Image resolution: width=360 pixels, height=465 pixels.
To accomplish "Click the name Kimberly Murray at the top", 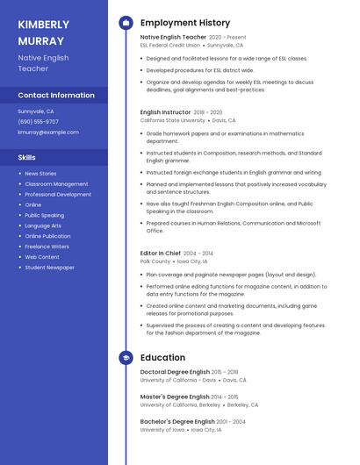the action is pyautogui.click(x=43, y=32).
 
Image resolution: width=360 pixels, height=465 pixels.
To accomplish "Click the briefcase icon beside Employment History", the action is pyautogui.click(x=126, y=23).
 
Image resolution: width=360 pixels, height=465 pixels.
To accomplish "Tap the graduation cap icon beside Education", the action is pyautogui.click(x=126, y=358).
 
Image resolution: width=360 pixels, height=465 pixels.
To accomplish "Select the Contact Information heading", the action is pyautogui.click(x=56, y=95).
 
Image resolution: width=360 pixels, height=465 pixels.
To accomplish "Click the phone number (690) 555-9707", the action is pyautogui.click(x=39, y=122).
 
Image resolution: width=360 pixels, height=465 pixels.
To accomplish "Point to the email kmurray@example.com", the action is pyautogui.click(x=48, y=132).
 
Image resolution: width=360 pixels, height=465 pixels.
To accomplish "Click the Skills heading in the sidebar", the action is pyautogui.click(x=27, y=157).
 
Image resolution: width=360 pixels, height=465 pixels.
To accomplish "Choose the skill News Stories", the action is pyautogui.click(x=40, y=174).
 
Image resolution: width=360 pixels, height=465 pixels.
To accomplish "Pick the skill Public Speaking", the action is pyautogui.click(x=44, y=215).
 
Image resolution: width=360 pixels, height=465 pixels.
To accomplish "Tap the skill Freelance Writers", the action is pyautogui.click(x=47, y=247).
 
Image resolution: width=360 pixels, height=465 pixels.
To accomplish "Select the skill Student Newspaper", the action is pyautogui.click(x=49, y=268).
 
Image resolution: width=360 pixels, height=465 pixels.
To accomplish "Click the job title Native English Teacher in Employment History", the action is pyautogui.click(x=173, y=38).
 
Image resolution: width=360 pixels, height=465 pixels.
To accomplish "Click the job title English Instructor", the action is pyautogui.click(x=165, y=112).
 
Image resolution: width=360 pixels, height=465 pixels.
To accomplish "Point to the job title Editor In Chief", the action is pyautogui.click(x=160, y=254).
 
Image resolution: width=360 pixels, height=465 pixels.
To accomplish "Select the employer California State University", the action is pyautogui.click(x=173, y=120).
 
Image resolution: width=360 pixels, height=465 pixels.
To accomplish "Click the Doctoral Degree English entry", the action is pyautogui.click(x=175, y=372).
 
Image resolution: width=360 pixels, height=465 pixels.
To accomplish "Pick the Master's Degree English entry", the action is pyautogui.click(x=175, y=397).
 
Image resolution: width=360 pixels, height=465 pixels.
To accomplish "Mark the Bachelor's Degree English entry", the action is pyautogui.click(x=177, y=422).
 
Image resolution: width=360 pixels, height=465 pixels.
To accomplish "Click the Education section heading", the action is pyautogui.click(x=162, y=358).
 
